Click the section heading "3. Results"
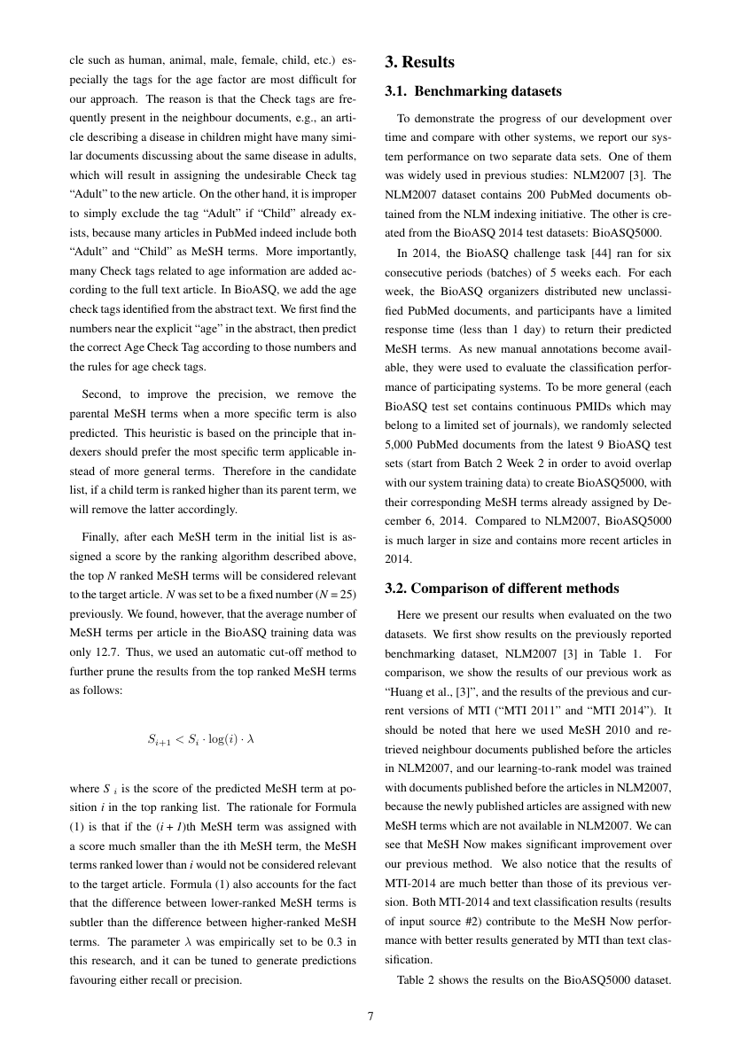(419, 62)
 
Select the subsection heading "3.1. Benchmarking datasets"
(473, 91)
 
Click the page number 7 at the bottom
(370, 1016)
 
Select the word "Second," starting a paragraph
(101, 394)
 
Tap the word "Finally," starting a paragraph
(102, 535)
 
